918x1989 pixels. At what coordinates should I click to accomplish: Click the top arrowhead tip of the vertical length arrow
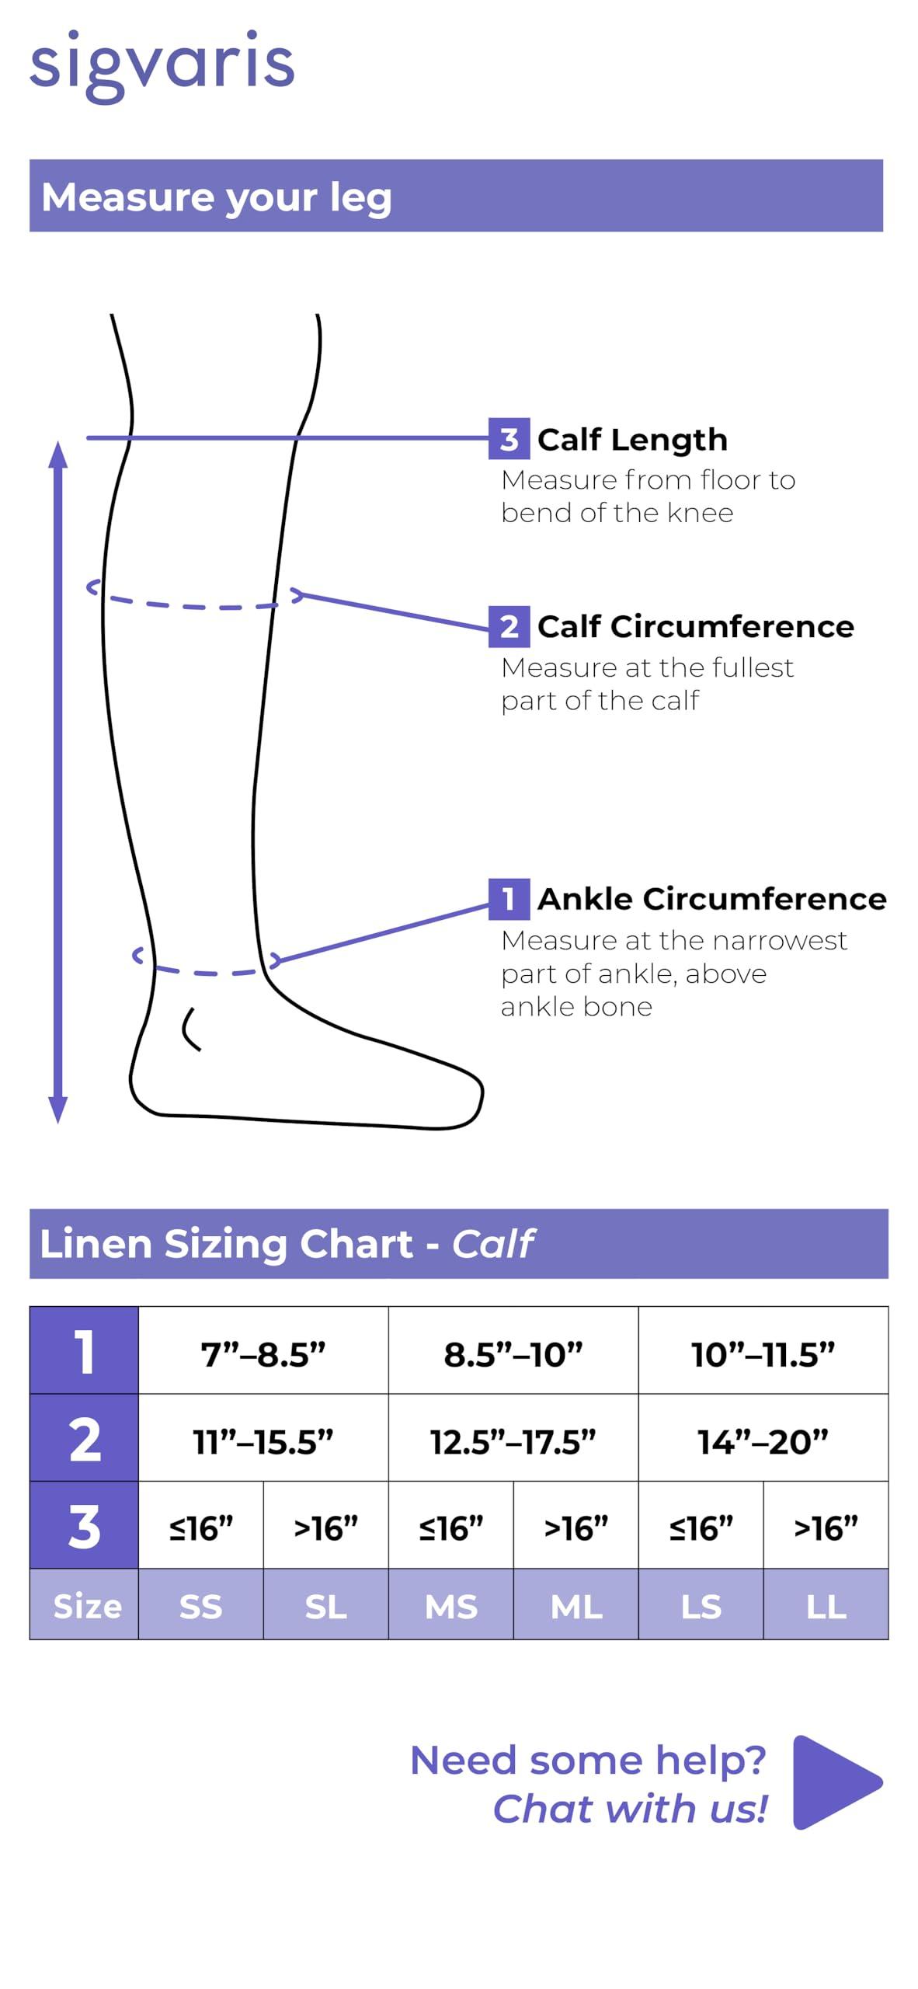(58, 441)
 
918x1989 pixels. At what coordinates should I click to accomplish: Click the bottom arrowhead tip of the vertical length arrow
(58, 1123)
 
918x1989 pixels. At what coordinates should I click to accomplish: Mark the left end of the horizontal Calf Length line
(87, 438)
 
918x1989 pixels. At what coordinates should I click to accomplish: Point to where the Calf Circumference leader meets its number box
(489, 629)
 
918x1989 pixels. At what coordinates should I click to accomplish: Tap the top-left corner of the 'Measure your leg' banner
(30, 160)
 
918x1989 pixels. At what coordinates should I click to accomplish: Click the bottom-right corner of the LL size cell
(888, 1639)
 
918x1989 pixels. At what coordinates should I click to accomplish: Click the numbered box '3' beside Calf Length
(509, 439)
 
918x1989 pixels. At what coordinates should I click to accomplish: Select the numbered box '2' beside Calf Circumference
(509, 626)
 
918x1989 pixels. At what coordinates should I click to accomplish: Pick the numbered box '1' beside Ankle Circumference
(509, 899)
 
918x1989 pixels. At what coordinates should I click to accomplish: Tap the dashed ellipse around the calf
(194, 607)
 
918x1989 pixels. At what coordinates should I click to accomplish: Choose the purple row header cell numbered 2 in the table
(84, 1437)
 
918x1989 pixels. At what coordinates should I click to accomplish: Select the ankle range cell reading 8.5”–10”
(513, 1350)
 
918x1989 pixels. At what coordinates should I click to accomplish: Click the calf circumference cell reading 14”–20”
(763, 1437)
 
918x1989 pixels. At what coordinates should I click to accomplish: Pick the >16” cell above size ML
(575, 1524)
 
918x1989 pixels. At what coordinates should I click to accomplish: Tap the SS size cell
(201, 1604)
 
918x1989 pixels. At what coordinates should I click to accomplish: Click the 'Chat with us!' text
(630, 1810)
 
